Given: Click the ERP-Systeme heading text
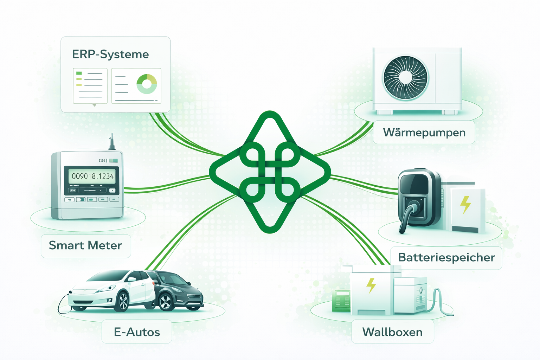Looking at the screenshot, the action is pos(110,54).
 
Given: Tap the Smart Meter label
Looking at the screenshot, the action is pos(85,245).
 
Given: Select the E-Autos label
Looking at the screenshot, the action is pos(137,332).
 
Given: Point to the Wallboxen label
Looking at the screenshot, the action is pos(392,332).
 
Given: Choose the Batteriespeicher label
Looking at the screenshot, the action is pos(446,257).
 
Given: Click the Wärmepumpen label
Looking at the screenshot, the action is pos(424,133).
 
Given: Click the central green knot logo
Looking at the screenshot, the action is pos(270,172).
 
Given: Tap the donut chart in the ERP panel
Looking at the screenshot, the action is pos(147,84).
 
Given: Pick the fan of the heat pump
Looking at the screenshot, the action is pos(405,78).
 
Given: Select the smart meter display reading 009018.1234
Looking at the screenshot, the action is pos(93,176).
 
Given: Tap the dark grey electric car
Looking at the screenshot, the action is pos(179,290).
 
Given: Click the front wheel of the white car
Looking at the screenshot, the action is pos(122,301).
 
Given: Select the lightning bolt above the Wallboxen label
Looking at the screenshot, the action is pos(371,285).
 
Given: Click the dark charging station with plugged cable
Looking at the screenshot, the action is pos(418,199).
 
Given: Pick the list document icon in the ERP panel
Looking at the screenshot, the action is pos(90,86).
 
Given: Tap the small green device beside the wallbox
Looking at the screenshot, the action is pos(341,301).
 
